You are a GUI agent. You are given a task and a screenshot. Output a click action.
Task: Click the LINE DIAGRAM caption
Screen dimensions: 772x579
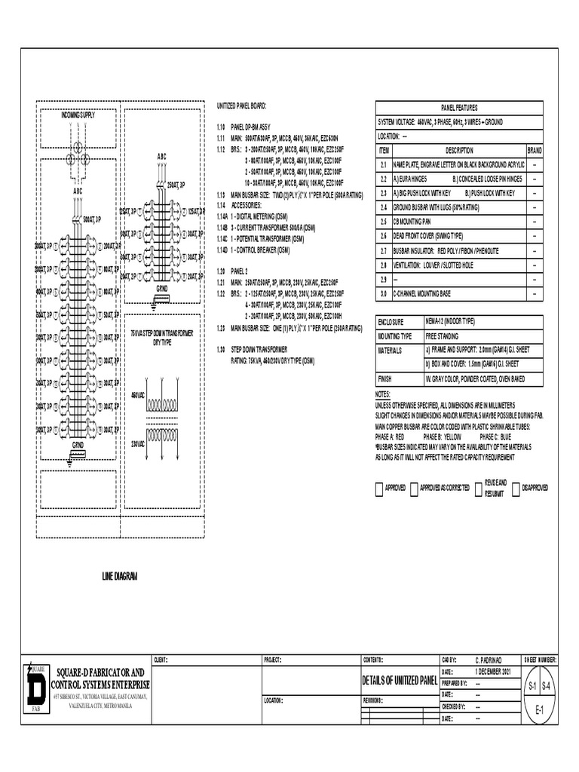121,576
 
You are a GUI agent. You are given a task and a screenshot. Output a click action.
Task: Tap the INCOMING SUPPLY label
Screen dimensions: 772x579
78,115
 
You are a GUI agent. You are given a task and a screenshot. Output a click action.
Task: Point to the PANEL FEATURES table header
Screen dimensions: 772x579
459,108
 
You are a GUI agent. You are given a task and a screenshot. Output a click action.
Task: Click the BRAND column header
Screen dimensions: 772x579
534,150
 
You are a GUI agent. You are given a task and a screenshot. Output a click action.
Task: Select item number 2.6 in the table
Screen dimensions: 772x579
383,236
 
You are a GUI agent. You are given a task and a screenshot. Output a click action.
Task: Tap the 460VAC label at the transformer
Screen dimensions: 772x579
138,395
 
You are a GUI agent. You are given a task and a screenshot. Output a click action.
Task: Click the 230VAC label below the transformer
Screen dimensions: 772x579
138,443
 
